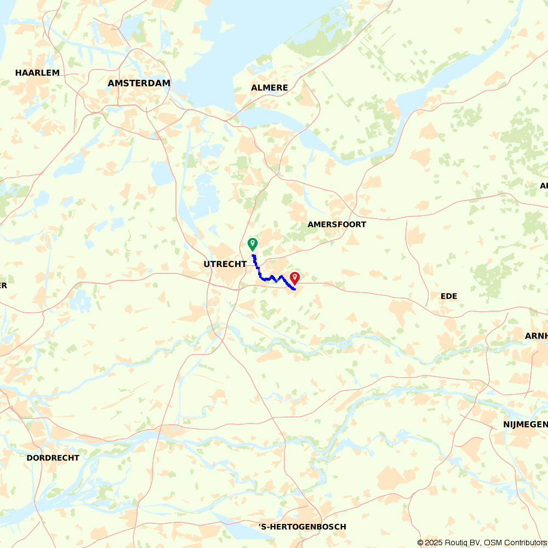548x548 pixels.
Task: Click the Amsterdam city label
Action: click(139, 83)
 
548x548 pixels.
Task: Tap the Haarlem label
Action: click(37, 73)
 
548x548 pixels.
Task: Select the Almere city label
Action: click(269, 88)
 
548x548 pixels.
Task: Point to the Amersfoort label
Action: click(336, 225)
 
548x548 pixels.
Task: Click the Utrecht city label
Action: click(225, 264)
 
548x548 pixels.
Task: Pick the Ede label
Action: click(449, 296)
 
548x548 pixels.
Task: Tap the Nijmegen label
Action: click(526, 425)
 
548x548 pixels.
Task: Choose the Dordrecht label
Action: click(53, 458)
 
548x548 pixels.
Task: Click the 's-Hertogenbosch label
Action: click(302, 527)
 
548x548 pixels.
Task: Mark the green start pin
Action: click(253, 244)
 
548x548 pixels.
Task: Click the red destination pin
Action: click(294, 278)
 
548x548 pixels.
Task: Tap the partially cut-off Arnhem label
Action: click(539, 335)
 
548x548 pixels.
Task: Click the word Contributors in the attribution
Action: click(523, 543)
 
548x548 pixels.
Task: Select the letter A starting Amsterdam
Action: click(111, 83)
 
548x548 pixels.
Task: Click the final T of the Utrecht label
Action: click(244, 264)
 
